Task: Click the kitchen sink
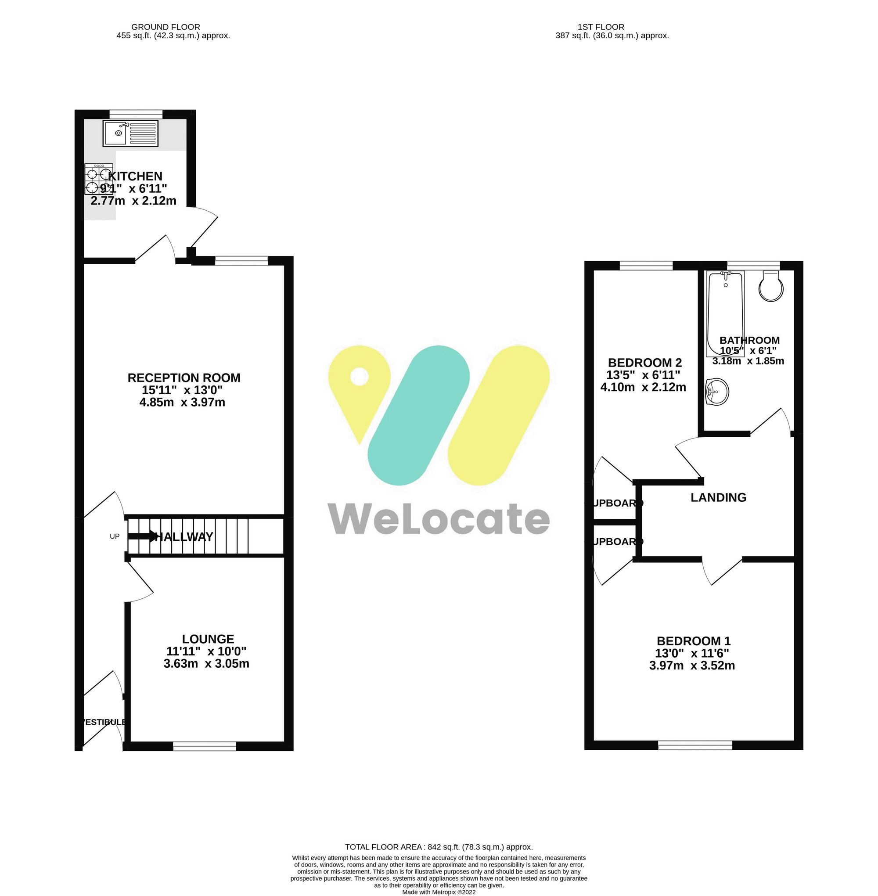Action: point(130,133)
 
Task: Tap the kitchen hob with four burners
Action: point(98,179)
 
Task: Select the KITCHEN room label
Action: point(135,176)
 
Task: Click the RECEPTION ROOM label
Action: point(184,378)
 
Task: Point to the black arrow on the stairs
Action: point(143,536)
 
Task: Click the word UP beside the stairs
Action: point(115,536)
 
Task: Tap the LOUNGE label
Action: point(208,639)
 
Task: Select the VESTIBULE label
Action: point(103,722)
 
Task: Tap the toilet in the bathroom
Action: point(770,287)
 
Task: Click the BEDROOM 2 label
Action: point(644,363)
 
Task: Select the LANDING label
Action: point(718,497)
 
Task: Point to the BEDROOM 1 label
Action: point(693,641)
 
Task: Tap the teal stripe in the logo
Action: point(418,415)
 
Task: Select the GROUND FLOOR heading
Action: point(166,27)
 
